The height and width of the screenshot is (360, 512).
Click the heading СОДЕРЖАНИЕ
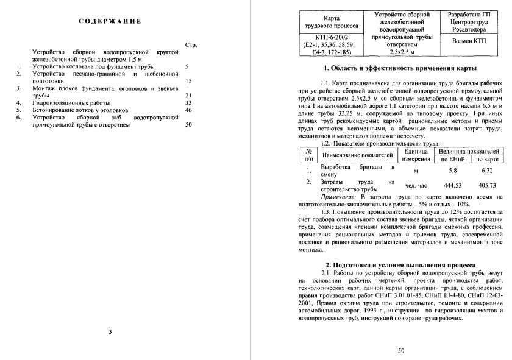(110, 21)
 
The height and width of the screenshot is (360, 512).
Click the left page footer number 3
(110, 331)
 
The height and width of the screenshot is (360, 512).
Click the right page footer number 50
(400, 350)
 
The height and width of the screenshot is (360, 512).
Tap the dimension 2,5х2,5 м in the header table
(400, 52)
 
